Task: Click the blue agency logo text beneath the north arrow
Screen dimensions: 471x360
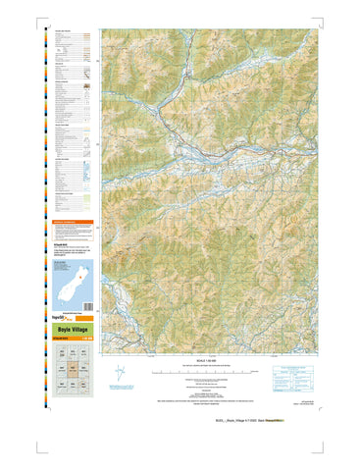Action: click(121, 392)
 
